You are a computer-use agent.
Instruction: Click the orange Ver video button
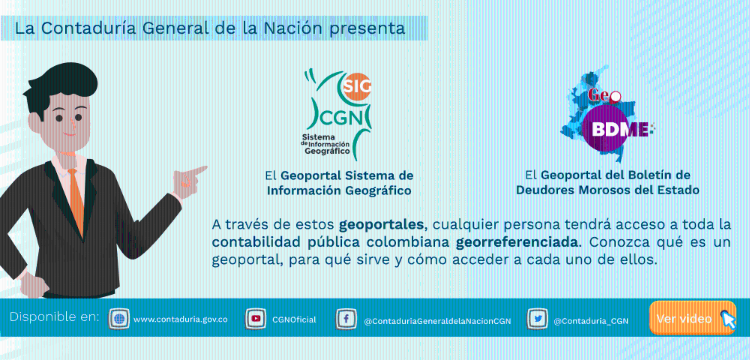pos(691,318)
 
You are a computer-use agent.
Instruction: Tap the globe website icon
pos(119,319)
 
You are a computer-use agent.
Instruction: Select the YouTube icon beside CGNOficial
pos(256,319)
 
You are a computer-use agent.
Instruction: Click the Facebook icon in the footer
pos(346,319)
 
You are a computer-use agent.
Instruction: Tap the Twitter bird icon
pos(537,319)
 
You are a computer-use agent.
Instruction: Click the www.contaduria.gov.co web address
pos(181,319)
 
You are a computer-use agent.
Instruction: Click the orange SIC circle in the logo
pos(355,86)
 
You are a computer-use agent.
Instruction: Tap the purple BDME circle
pos(605,128)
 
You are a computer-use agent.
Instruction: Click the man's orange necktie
pos(76,201)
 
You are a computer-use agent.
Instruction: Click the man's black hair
pos(60,86)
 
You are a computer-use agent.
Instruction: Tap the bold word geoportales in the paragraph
pos(381,224)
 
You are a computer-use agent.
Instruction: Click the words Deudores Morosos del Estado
pos(607,190)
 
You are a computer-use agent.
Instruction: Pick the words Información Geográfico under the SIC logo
pos(339,190)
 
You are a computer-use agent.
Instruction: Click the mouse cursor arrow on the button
pos(727,319)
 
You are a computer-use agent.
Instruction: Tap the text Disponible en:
pos(55,317)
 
